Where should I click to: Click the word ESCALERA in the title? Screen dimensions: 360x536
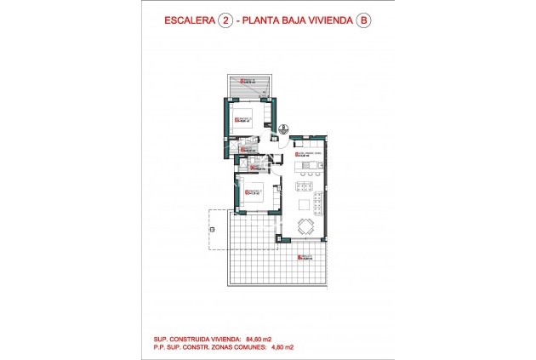pyautogui.click(x=189, y=24)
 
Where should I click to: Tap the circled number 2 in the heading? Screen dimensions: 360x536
pyautogui.click(x=225, y=24)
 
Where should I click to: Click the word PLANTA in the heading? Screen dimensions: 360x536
pyautogui.click(x=264, y=24)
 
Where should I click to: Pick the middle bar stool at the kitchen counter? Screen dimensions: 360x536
pyautogui.click(x=304, y=187)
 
